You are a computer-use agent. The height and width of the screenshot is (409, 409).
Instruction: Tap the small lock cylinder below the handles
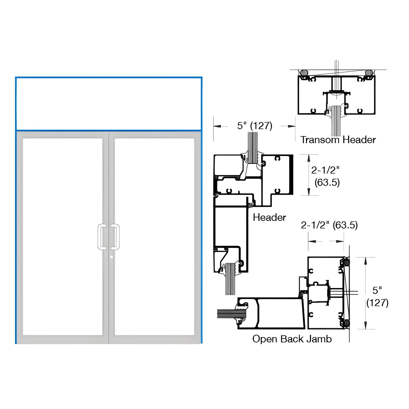click(x=111, y=257)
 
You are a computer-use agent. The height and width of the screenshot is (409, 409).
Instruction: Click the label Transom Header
click(x=338, y=140)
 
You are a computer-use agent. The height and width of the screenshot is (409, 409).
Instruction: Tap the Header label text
click(x=269, y=217)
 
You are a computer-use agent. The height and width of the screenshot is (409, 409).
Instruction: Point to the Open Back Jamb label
click(x=292, y=339)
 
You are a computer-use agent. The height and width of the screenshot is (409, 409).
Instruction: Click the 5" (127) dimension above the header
click(x=254, y=126)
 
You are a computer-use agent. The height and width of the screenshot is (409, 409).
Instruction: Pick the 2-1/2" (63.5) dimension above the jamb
click(x=329, y=225)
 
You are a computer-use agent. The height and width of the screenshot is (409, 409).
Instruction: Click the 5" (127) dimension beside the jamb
click(x=377, y=296)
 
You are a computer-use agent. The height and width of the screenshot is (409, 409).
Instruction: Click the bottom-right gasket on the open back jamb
click(x=346, y=323)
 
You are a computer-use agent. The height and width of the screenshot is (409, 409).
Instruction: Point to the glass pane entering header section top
click(x=253, y=147)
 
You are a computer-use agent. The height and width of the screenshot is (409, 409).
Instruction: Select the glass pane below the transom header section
click(x=336, y=125)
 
